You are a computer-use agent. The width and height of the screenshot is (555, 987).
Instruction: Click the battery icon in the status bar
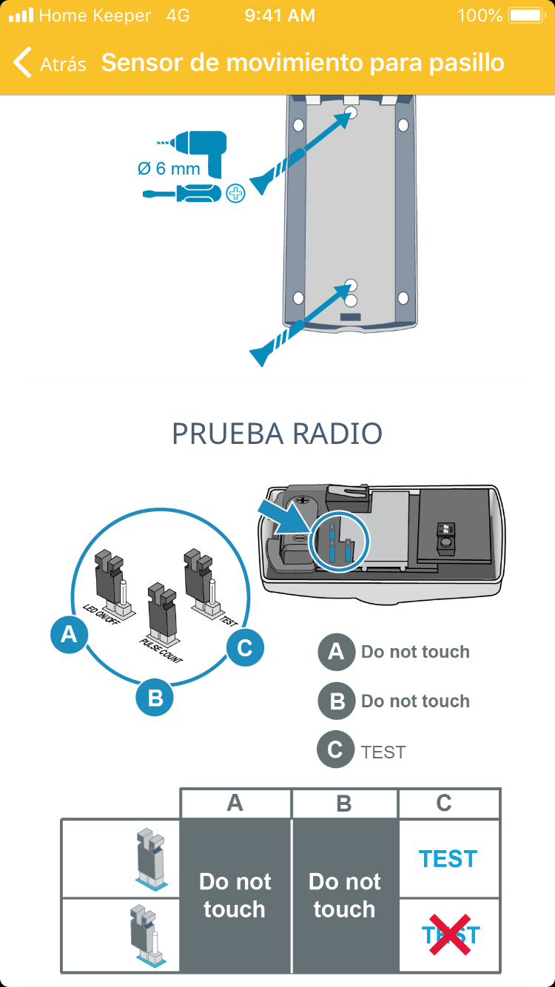526,16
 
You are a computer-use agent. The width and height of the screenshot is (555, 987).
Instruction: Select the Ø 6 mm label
169,169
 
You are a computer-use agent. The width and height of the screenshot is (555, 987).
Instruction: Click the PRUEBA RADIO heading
277,434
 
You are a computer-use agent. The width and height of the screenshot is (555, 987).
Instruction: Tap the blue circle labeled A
69,635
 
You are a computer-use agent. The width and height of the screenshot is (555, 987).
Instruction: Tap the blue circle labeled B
155,697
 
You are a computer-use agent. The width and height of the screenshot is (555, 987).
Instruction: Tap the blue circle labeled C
244,648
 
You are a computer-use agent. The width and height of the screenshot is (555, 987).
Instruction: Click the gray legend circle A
336,652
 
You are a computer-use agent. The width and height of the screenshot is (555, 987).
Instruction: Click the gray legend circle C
335,750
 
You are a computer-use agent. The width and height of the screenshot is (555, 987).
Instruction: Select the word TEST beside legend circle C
383,752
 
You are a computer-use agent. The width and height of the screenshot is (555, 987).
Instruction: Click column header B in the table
344,804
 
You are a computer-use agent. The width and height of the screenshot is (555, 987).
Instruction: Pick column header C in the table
444,804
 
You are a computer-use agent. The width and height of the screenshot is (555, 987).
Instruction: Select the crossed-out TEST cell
449,934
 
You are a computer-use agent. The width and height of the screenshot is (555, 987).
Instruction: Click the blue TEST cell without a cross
448,859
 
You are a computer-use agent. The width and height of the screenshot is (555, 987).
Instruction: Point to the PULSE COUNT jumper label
161,647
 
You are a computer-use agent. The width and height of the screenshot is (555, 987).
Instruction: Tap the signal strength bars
21,16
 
